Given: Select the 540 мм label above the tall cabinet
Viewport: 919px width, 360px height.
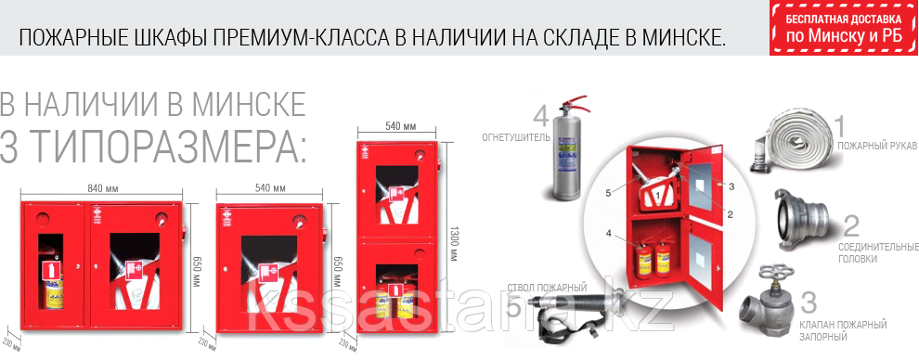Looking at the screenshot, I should click(x=398, y=126).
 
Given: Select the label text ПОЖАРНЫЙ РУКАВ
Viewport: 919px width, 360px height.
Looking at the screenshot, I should click(x=876, y=147).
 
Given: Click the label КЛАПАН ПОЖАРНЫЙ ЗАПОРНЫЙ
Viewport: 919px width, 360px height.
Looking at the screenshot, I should click(x=855, y=329).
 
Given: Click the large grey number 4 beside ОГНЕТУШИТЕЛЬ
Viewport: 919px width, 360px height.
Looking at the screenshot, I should click(x=541, y=117).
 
